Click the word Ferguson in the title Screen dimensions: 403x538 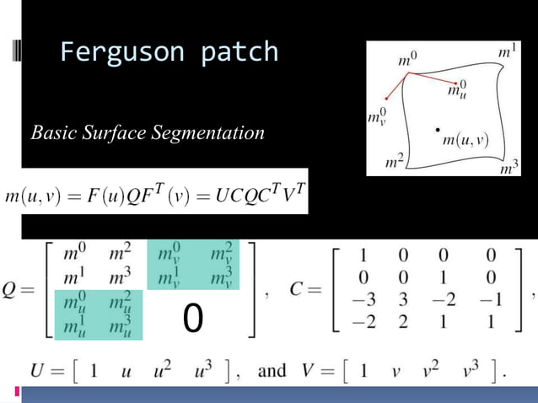coord(122,52)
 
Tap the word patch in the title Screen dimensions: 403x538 coord(239,52)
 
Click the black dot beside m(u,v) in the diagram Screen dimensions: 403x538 coord(437,129)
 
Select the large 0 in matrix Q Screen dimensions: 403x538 coord(193,318)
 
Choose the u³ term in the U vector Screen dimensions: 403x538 coord(196,371)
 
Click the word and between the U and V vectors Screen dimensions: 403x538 coord(271,371)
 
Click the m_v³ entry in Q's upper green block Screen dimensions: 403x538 coord(220,277)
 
